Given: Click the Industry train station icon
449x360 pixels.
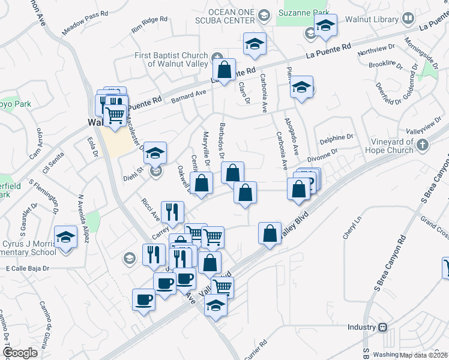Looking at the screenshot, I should [x=382, y=328].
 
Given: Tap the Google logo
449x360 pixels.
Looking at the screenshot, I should [x=20, y=352].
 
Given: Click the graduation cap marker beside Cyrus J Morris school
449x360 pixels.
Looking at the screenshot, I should [x=65, y=237].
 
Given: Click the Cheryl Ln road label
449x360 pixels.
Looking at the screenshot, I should [x=352, y=228].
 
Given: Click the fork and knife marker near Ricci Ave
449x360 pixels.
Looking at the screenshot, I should [x=173, y=212].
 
